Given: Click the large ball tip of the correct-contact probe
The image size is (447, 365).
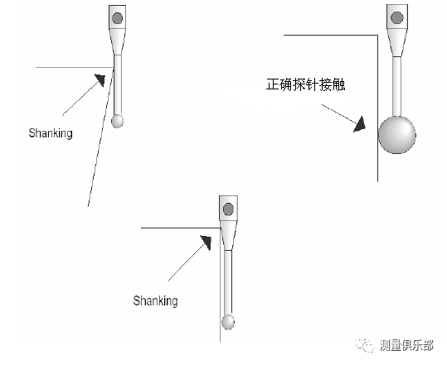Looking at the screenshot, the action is tap(396, 135).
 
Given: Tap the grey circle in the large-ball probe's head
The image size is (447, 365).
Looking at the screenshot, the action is tap(397, 17).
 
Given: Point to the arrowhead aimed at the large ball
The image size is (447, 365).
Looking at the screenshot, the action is tap(360, 124).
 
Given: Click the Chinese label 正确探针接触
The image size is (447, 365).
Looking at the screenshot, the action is tap(305, 84).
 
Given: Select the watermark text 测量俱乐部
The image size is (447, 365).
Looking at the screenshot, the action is tap(407, 345).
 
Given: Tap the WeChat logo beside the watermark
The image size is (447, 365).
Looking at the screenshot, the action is tap(365, 345).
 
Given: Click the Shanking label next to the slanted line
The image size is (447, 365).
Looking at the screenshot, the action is tap(51, 133).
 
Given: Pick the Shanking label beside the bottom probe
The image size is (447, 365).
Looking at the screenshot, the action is tap(155, 300).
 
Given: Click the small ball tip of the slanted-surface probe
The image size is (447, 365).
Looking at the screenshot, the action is tap(117, 121).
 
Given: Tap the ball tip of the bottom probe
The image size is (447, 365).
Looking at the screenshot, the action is tap(228, 322).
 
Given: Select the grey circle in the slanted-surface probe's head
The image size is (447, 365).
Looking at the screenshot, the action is tap(117, 18).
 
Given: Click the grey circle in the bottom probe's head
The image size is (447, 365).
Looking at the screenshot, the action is tap(228, 209).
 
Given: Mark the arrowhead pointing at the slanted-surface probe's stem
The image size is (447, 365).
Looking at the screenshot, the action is tap(100, 80).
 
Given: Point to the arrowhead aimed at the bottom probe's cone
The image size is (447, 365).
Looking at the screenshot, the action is tap(206, 243).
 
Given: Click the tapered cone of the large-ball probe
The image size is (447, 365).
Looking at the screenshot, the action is tap(396, 43).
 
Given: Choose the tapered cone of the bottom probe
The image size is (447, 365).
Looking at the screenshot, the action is tap(228, 235).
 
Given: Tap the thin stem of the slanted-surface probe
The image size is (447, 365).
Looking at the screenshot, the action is tap(118, 84).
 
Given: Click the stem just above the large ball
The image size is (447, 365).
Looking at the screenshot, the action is tap(396, 87).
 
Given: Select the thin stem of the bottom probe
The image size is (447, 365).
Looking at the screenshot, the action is tap(228, 283).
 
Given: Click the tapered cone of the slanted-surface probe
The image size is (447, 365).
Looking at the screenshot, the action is tap(117, 42).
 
